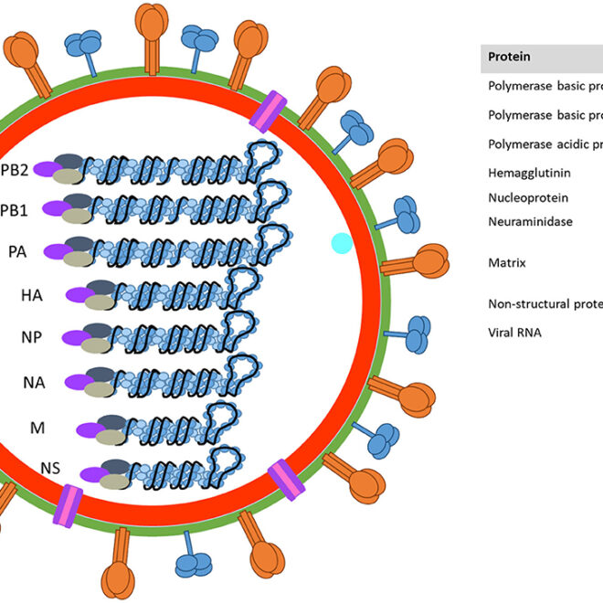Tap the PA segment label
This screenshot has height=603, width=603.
point(17,250)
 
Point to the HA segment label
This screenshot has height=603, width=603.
point(33,295)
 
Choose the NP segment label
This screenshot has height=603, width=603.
point(33,335)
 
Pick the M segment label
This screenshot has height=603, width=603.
point(37,428)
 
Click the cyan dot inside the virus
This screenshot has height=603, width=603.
point(342,243)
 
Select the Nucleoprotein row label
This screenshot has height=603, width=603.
point(528,197)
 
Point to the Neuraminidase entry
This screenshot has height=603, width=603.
point(531,221)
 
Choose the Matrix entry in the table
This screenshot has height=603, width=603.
point(506,263)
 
